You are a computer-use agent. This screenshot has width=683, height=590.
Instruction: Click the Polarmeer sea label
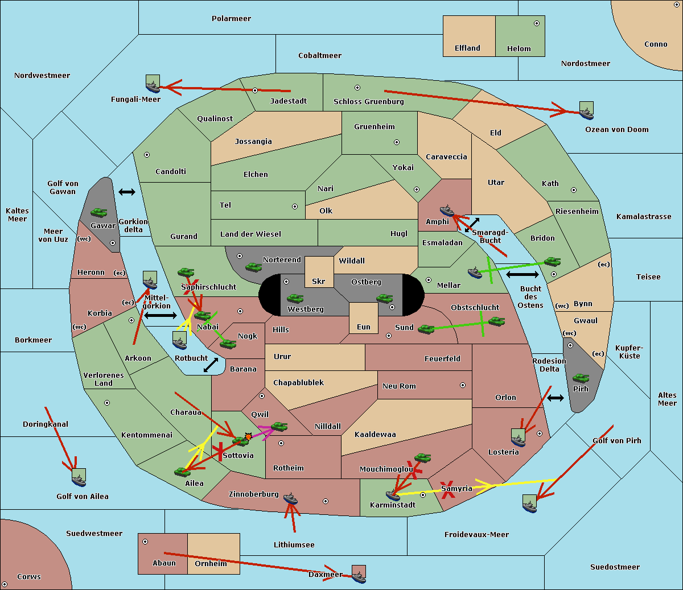coord(231,19)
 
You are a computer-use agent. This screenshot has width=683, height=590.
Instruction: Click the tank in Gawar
coord(99,213)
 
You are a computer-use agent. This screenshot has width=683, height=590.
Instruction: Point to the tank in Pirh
coord(581,378)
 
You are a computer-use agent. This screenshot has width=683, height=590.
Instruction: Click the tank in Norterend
coord(253,267)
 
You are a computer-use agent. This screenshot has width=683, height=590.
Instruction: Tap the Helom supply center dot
coord(537,23)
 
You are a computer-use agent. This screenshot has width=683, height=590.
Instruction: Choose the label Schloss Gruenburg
coord(369,101)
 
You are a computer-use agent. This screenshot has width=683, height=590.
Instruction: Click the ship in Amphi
coord(447,211)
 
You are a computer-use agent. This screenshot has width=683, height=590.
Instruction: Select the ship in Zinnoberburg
coord(290,498)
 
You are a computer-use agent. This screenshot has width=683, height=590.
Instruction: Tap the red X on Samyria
coord(448,490)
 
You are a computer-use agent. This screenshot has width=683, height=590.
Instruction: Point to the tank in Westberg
coord(295,299)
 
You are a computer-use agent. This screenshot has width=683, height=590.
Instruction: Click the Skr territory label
coord(319,281)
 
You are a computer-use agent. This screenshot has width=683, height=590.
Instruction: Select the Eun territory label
coord(364,327)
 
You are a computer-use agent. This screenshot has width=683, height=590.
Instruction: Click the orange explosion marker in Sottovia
coord(248,437)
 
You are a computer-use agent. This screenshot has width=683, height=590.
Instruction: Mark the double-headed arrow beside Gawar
coord(127,192)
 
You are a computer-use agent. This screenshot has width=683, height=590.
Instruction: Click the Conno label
coord(656,44)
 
